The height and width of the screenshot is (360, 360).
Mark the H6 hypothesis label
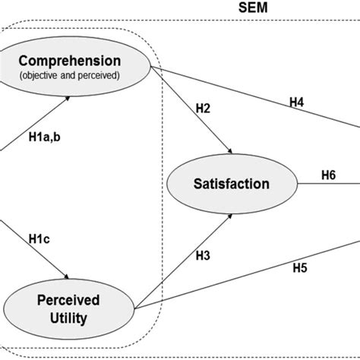coord(327,174)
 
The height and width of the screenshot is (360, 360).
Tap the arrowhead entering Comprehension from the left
coord(71,96)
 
